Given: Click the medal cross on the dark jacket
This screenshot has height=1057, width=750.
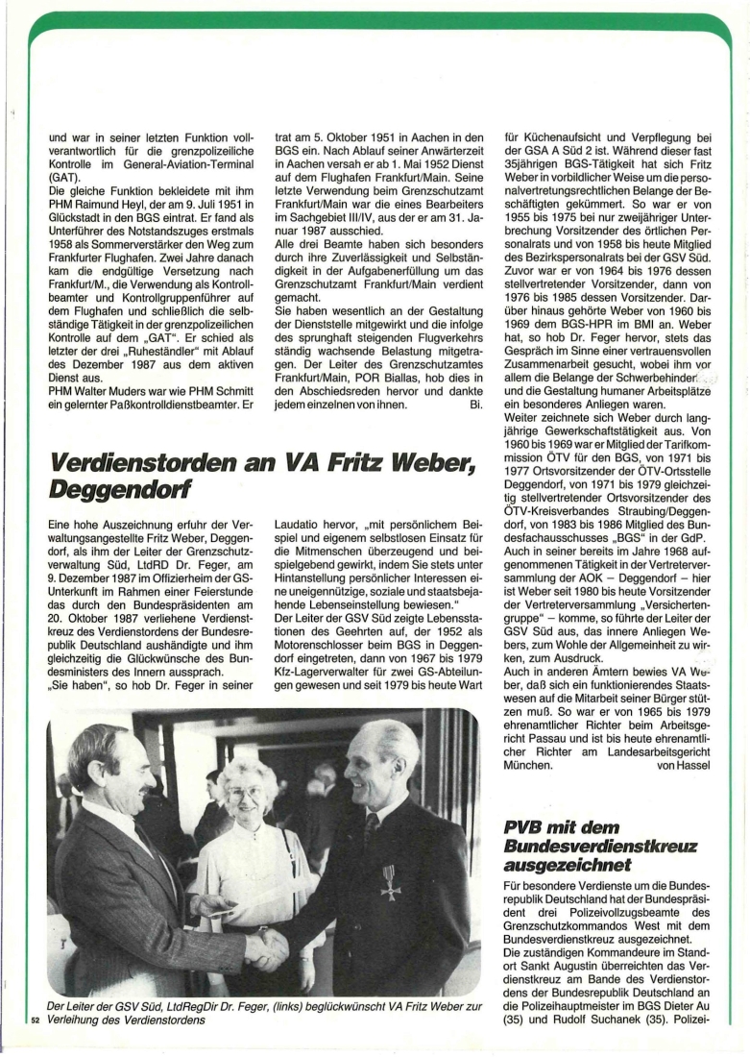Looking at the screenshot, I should click(x=390, y=882).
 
